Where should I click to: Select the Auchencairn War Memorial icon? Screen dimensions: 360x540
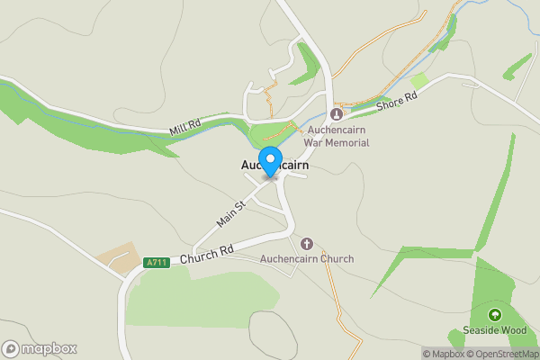coord(337,114)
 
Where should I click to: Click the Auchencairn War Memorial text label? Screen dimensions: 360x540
coord(338,137)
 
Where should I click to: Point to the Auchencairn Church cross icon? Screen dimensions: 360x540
coord(306,244)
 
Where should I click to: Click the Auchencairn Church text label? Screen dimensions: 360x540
coord(306,259)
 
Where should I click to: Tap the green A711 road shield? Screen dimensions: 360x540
coord(156,263)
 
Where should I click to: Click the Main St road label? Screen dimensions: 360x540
coord(231,214)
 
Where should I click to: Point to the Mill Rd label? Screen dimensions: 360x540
coord(186,127)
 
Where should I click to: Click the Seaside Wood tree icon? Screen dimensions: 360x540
coord(494,314)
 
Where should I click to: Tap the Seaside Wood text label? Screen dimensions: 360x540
coord(494,330)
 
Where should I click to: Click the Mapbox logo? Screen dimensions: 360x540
coord(40,348)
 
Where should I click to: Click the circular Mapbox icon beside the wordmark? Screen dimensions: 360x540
coord(11,348)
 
